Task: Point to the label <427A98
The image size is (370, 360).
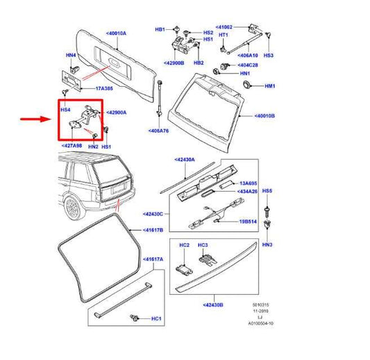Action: (x=72, y=146)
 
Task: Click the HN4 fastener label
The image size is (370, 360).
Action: (x=70, y=55)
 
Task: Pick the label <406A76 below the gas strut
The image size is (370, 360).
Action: (x=160, y=130)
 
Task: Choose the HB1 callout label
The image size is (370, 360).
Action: (x=159, y=30)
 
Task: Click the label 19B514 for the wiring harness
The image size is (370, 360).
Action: (x=247, y=222)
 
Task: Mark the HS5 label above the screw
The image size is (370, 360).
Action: (x=267, y=190)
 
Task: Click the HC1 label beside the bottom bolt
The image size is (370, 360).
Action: (x=156, y=319)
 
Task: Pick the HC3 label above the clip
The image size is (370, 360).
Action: (x=203, y=245)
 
